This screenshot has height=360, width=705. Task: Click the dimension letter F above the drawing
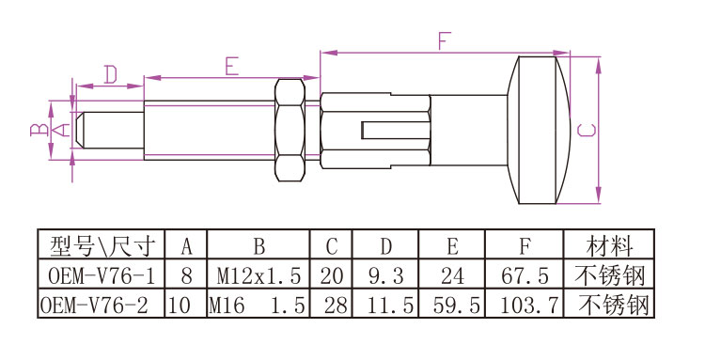point(445,41)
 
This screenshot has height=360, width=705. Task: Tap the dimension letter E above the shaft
point(231,67)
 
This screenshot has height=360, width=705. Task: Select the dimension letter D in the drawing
point(111,74)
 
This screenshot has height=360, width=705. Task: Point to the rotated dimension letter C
point(587,130)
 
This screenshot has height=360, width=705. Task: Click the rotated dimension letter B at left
point(39,130)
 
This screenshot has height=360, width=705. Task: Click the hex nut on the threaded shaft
point(290,131)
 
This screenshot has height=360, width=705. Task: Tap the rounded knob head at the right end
point(539,130)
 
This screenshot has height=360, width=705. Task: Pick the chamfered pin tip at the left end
point(80,130)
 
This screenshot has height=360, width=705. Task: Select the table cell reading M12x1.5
point(258,275)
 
